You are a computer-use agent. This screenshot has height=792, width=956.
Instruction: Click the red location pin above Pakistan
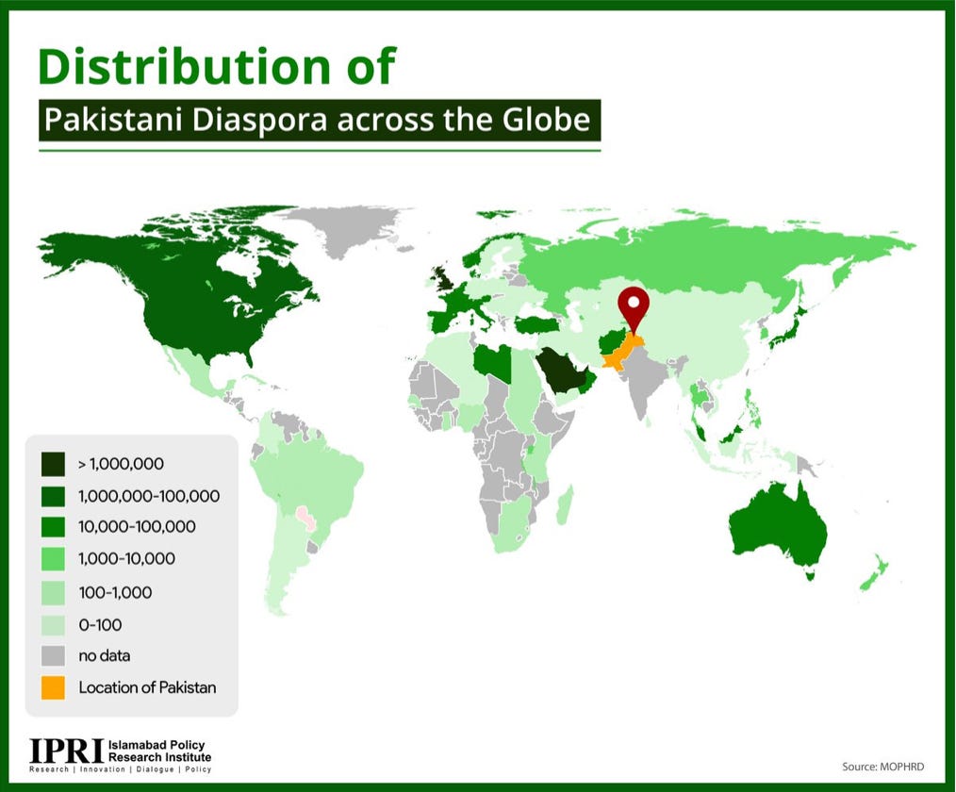coord(634,305)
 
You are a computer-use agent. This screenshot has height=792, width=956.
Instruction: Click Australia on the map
coord(779,528)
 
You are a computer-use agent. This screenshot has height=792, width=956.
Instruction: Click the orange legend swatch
coord(54,687)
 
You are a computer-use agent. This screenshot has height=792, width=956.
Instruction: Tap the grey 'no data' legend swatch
coord(54,655)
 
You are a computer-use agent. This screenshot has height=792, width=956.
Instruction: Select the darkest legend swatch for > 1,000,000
coord(54,463)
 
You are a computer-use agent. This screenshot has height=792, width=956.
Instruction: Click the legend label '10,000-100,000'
coord(138,527)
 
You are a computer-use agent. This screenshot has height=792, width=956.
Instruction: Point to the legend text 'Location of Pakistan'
coord(147,687)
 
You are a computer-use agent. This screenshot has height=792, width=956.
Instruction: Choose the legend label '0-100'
coord(100,624)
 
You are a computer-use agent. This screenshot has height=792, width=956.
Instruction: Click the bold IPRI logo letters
coord(66,751)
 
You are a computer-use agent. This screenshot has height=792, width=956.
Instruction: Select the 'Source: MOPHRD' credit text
coord(885,767)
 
